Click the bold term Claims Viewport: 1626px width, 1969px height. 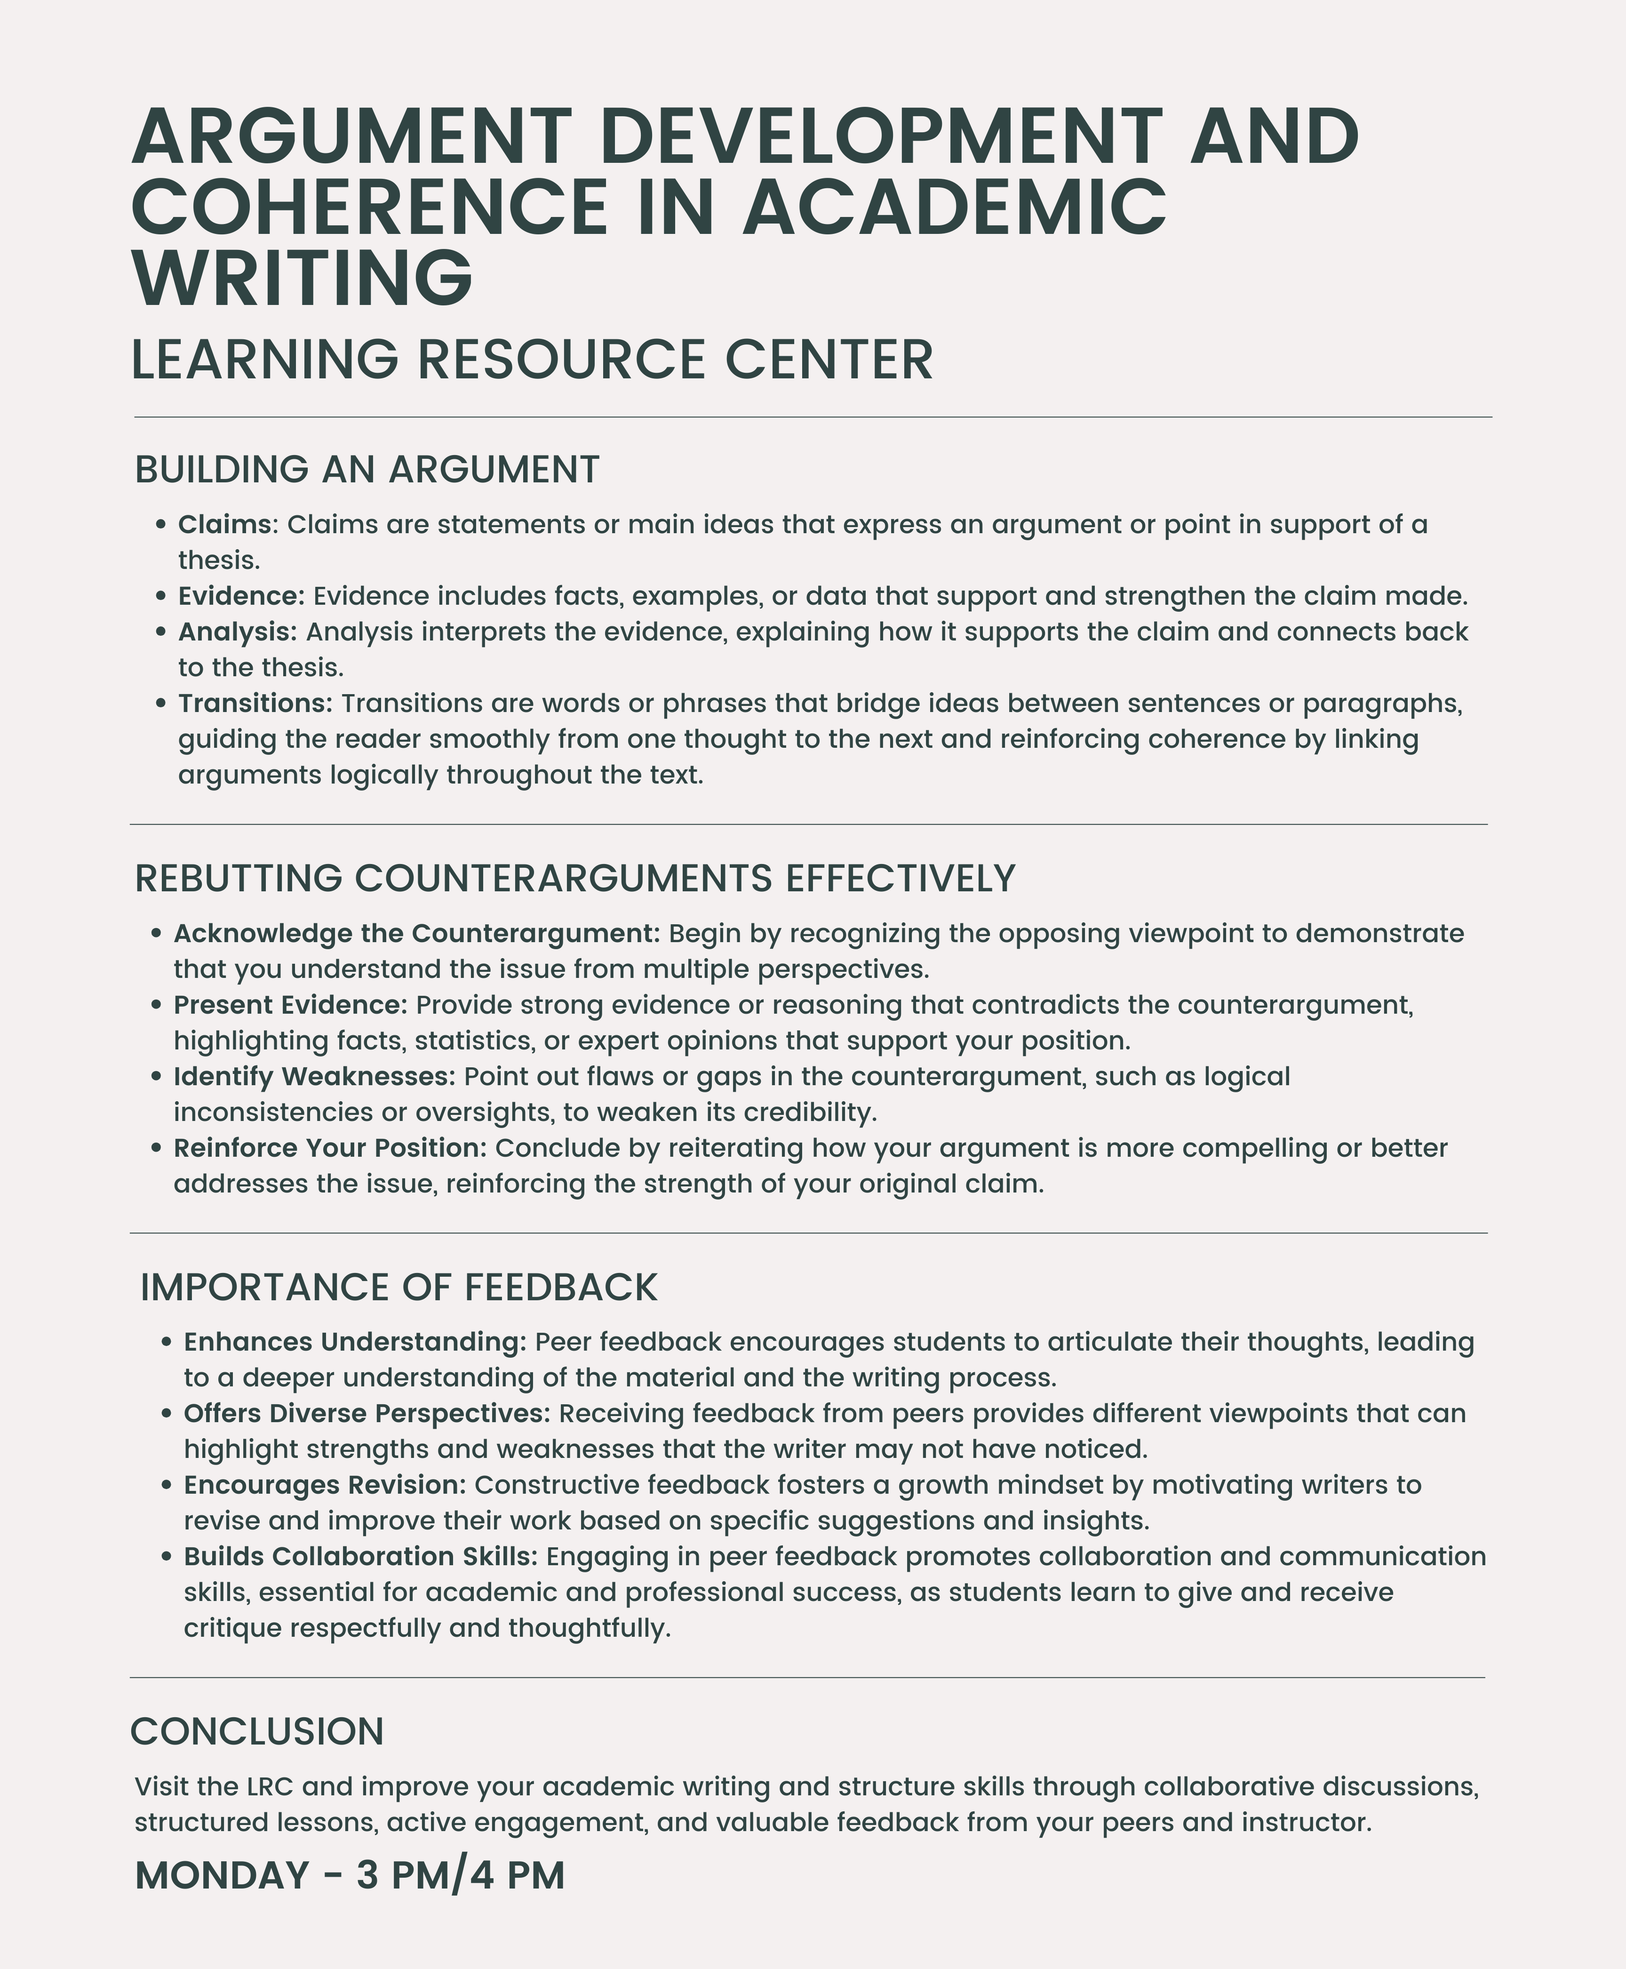(x=224, y=525)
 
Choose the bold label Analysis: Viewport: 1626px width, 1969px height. (x=237, y=632)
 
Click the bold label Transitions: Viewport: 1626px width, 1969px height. (x=255, y=704)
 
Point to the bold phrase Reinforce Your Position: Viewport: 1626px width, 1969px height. (x=330, y=1148)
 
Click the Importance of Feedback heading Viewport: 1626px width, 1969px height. (x=398, y=1288)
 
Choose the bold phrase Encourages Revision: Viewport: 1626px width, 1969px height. (x=324, y=1485)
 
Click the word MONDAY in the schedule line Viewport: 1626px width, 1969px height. (x=221, y=1875)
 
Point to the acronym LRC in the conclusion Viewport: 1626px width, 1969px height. (x=270, y=1786)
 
